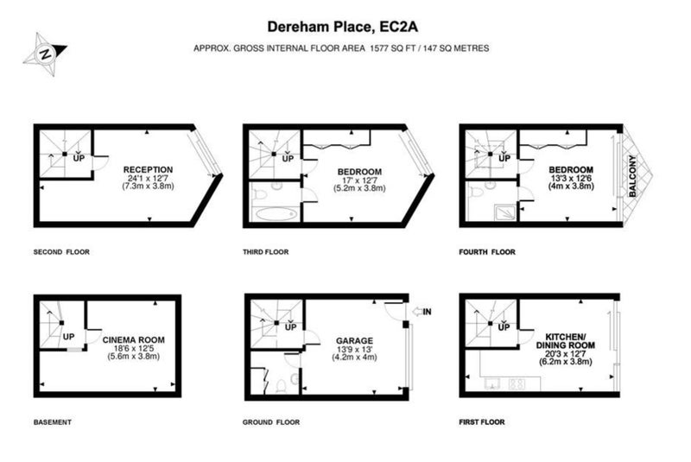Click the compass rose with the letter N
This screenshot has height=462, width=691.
(45, 54)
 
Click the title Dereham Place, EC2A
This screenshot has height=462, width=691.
(342, 27)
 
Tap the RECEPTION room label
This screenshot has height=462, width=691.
(148, 169)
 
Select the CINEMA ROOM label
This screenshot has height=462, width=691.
(134, 340)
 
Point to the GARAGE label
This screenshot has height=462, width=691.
(354, 341)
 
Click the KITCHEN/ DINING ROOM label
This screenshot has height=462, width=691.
(566, 341)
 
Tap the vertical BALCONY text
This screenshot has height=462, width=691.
(633, 175)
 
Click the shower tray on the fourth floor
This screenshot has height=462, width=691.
(505, 212)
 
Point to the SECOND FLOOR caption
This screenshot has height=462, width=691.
(61, 252)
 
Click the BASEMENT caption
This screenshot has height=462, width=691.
(53, 422)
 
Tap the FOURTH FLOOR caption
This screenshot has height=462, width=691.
(487, 252)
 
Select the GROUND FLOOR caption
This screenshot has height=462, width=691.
(271, 422)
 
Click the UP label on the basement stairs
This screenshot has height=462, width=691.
(69, 337)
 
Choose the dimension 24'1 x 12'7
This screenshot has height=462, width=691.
(148, 179)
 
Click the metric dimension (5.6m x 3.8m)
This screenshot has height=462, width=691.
(134, 357)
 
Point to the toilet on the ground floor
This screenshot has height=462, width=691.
(282, 386)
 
